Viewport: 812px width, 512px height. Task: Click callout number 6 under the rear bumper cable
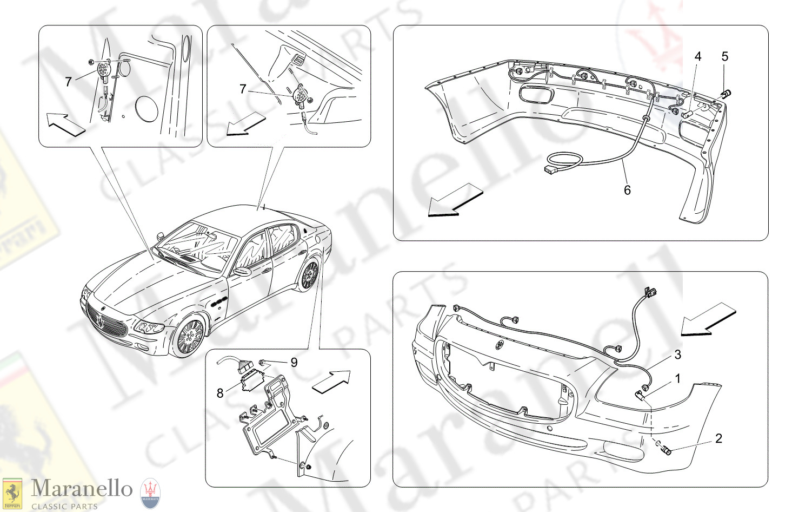point(627,190)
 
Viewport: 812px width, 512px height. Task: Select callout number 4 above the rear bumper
point(698,57)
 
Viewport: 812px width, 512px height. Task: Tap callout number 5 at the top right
point(725,57)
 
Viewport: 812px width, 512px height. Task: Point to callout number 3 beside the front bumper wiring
point(677,355)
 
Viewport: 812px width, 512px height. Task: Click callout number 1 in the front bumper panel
point(677,379)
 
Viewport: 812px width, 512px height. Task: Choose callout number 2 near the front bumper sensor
point(718,438)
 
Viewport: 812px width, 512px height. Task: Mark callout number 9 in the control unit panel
point(294,362)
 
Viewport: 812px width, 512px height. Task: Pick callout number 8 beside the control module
point(220,393)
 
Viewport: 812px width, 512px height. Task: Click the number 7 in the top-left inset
point(68,82)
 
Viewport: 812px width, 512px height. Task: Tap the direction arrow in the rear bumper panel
point(454,200)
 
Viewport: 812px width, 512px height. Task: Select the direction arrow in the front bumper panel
point(708,319)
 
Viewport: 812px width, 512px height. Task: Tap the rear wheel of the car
point(309,275)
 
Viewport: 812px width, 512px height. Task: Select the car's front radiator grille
point(105,322)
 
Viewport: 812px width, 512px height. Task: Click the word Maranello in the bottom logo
point(82,489)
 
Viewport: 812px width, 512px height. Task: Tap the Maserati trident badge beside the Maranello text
point(150,493)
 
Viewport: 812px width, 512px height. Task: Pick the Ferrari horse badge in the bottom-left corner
point(12,493)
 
